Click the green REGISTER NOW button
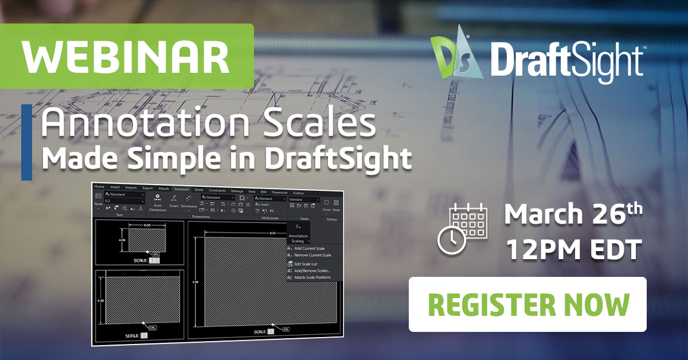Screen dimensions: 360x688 tap(527, 304)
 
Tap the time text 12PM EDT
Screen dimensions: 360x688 tap(573, 250)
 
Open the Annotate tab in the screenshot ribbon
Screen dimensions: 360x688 tap(181, 188)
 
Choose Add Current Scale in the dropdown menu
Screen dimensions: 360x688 tap(309, 248)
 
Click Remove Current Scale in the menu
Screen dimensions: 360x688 tap(312, 255)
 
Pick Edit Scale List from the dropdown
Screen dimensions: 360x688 tap(306, 264)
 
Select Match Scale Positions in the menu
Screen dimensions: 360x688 tap(312, 277)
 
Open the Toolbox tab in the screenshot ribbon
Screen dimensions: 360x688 tap(299, 193)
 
